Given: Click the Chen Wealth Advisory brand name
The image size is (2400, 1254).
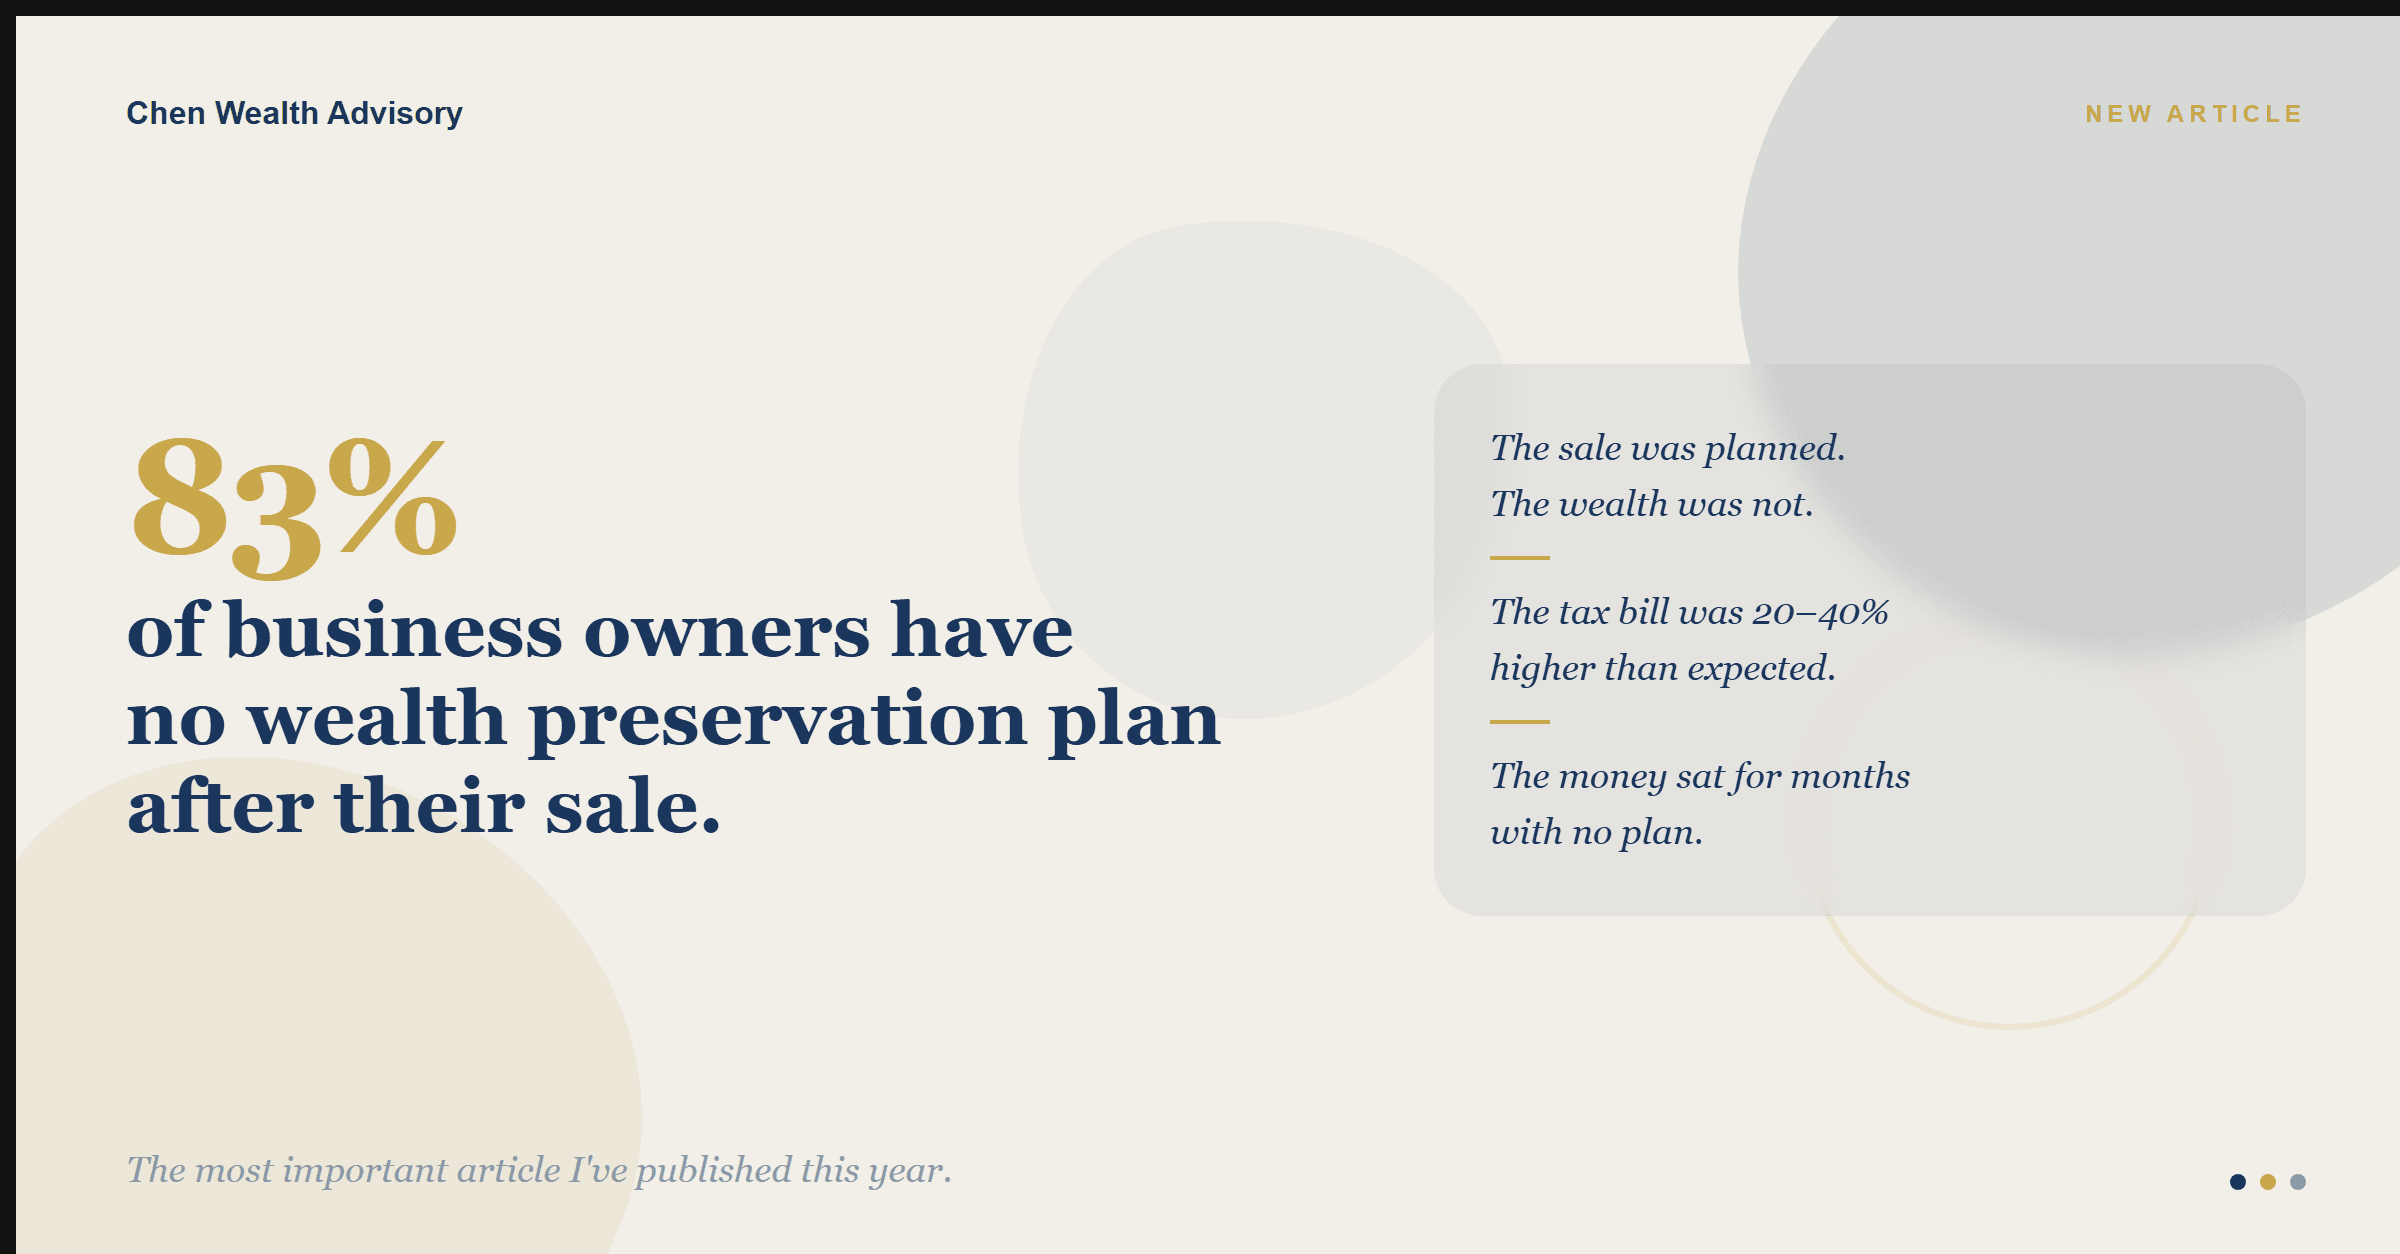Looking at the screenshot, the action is (294, 114).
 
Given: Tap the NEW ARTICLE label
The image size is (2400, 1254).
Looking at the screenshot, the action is (2194, 114).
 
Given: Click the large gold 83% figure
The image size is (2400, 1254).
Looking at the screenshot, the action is (294, 507).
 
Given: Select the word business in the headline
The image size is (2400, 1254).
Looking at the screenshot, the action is (394, 631).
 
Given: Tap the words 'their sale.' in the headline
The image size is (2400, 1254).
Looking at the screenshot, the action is (527, 807).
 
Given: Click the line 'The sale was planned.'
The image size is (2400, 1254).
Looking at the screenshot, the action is (1667, 449).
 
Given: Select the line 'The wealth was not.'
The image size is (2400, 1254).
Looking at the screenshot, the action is (1651, 504).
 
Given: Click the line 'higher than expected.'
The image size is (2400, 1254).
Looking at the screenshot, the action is (1662, 669).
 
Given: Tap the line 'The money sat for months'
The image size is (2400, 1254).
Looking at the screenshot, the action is (1700, 777).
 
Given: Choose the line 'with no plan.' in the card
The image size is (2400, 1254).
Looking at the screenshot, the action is (1596, 833).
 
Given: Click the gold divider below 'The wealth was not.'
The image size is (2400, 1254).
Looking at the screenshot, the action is (1520, 558).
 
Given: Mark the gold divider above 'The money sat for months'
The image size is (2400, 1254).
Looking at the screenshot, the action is (1520, 721).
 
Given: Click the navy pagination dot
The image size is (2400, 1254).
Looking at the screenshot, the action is (2238, 1182).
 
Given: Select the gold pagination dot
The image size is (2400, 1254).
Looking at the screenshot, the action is (2268, 1182).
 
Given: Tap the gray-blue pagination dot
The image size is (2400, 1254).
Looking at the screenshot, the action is (2298, 1182).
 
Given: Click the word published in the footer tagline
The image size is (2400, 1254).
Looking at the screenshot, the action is (713, 1171).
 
